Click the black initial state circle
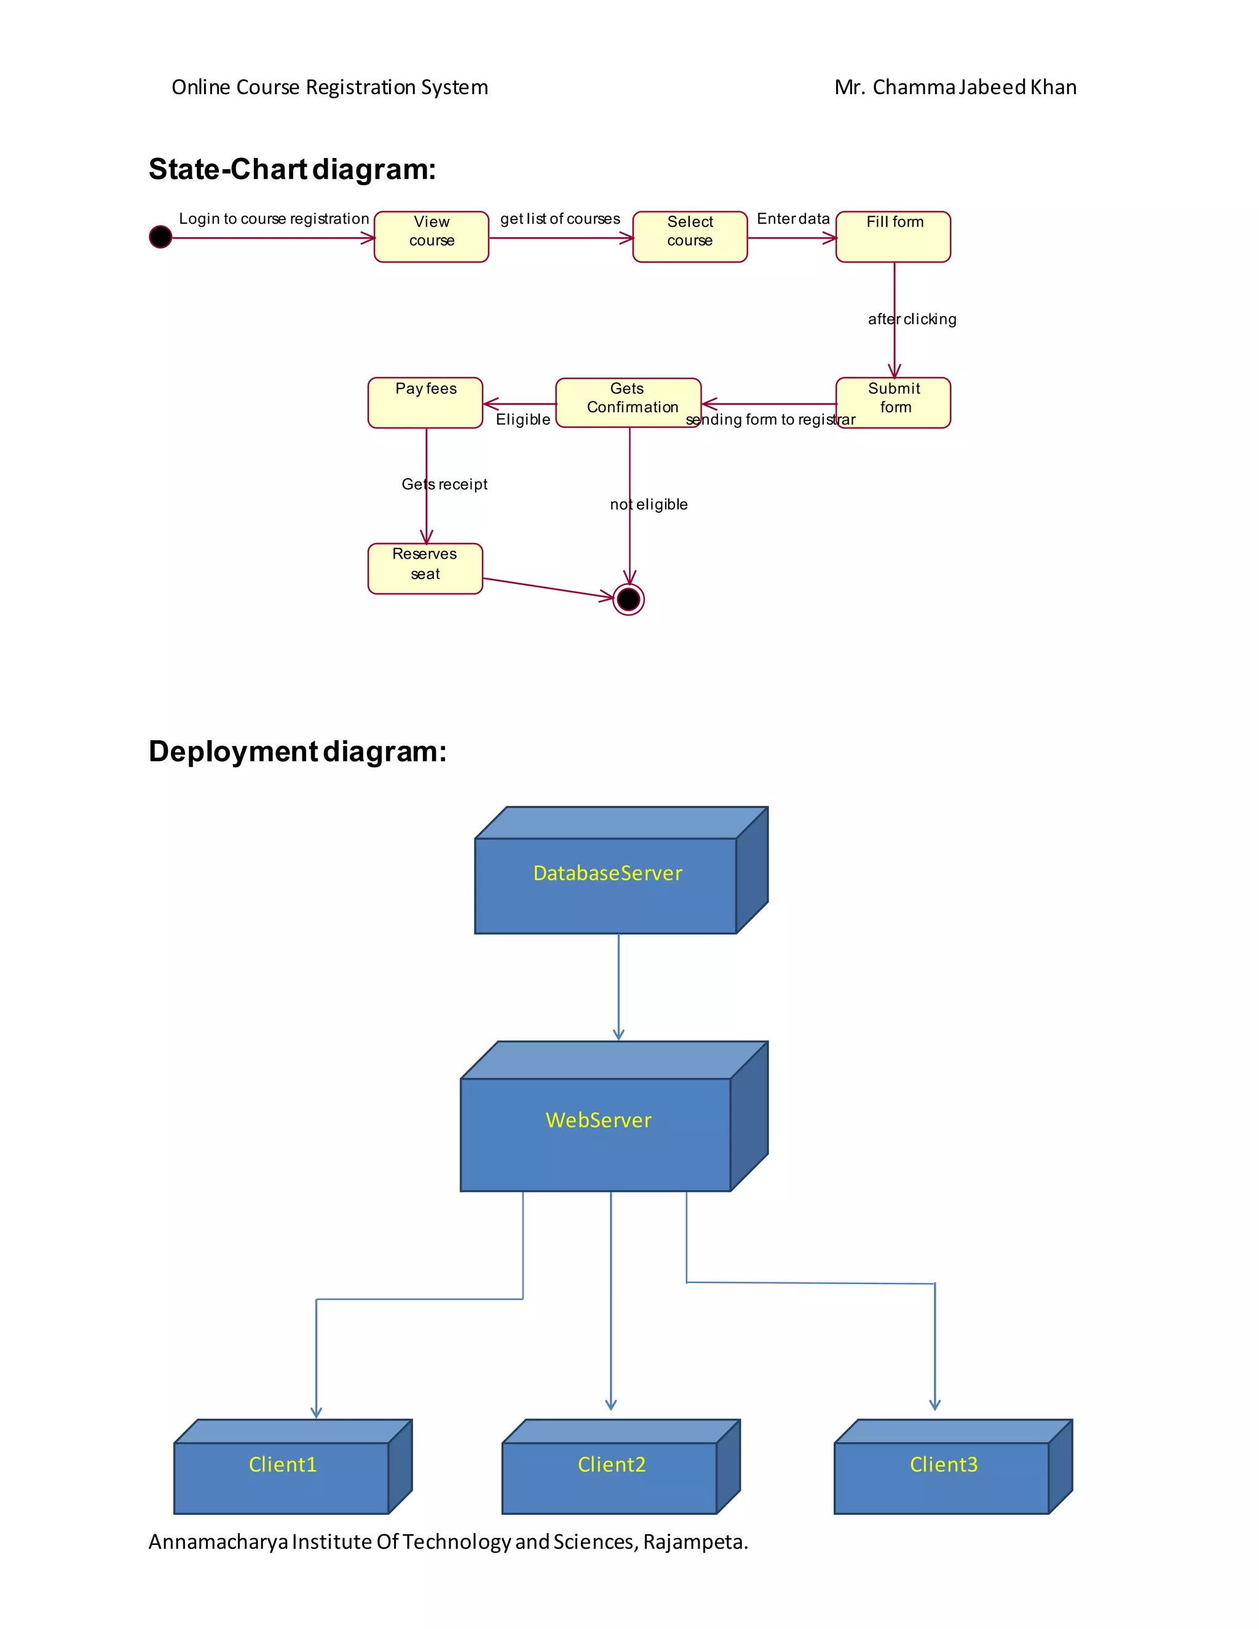(x=160, y=237)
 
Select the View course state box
(x=431, y=237)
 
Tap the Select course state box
(x=690, y=237)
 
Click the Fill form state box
(x=893, y=237)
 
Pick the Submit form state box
(x=893, y=402)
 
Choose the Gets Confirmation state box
(x=628, y=402)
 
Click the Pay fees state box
(x=425, y=402)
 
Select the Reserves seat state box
(x=425, y=569)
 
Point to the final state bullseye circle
(x=629, y=599)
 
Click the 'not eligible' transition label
(x=648, y=504)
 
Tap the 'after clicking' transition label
(x=912, y=319)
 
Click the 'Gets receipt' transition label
(x=444, y=484)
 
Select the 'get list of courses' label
(x=560, y=219)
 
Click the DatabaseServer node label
(x=607, y=873)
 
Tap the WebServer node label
(x=598, y=1119)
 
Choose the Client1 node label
(x=283, y=1464)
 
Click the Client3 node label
(x=944, y=1464)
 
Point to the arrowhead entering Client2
(x=611, y=1405)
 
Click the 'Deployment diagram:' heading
(x=298, y=751)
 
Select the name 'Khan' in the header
(x=1053, y=87)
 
